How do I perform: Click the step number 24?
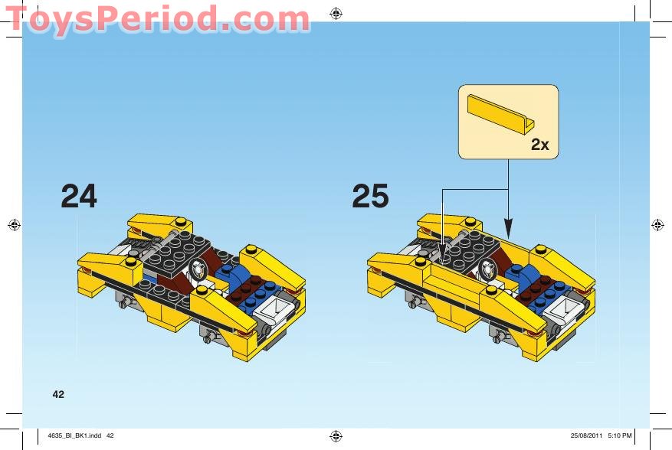79,197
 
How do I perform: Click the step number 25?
370,197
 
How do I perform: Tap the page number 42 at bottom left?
58,394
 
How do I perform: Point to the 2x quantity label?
539,145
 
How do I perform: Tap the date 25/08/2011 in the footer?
586,435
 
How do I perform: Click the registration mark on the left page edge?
13,225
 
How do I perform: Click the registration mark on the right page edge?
657,225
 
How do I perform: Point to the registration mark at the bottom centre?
336,435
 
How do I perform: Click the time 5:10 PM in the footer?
619,435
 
